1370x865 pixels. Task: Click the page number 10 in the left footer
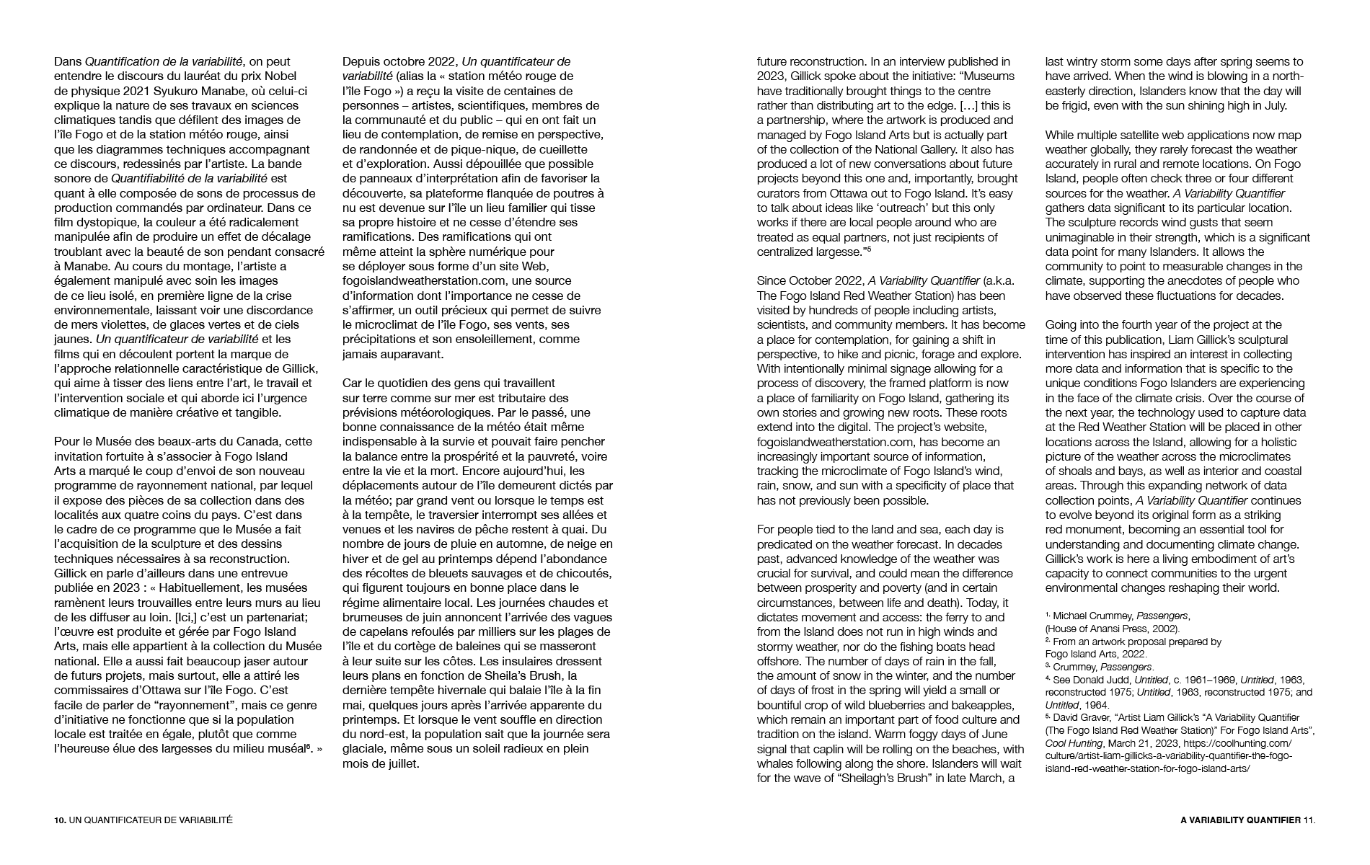pyautogui.click(x=59, y=820)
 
